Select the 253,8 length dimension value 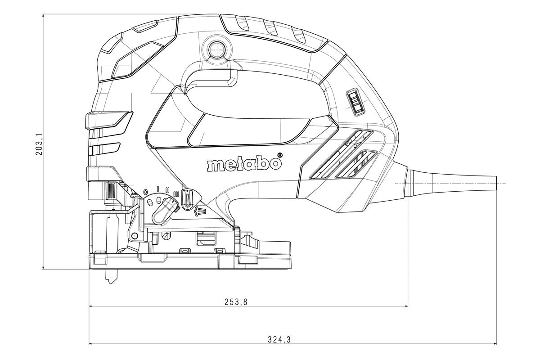pyautogui.click(x=236, y=302)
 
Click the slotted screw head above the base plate pyautogui.click(x=166, y=235)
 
